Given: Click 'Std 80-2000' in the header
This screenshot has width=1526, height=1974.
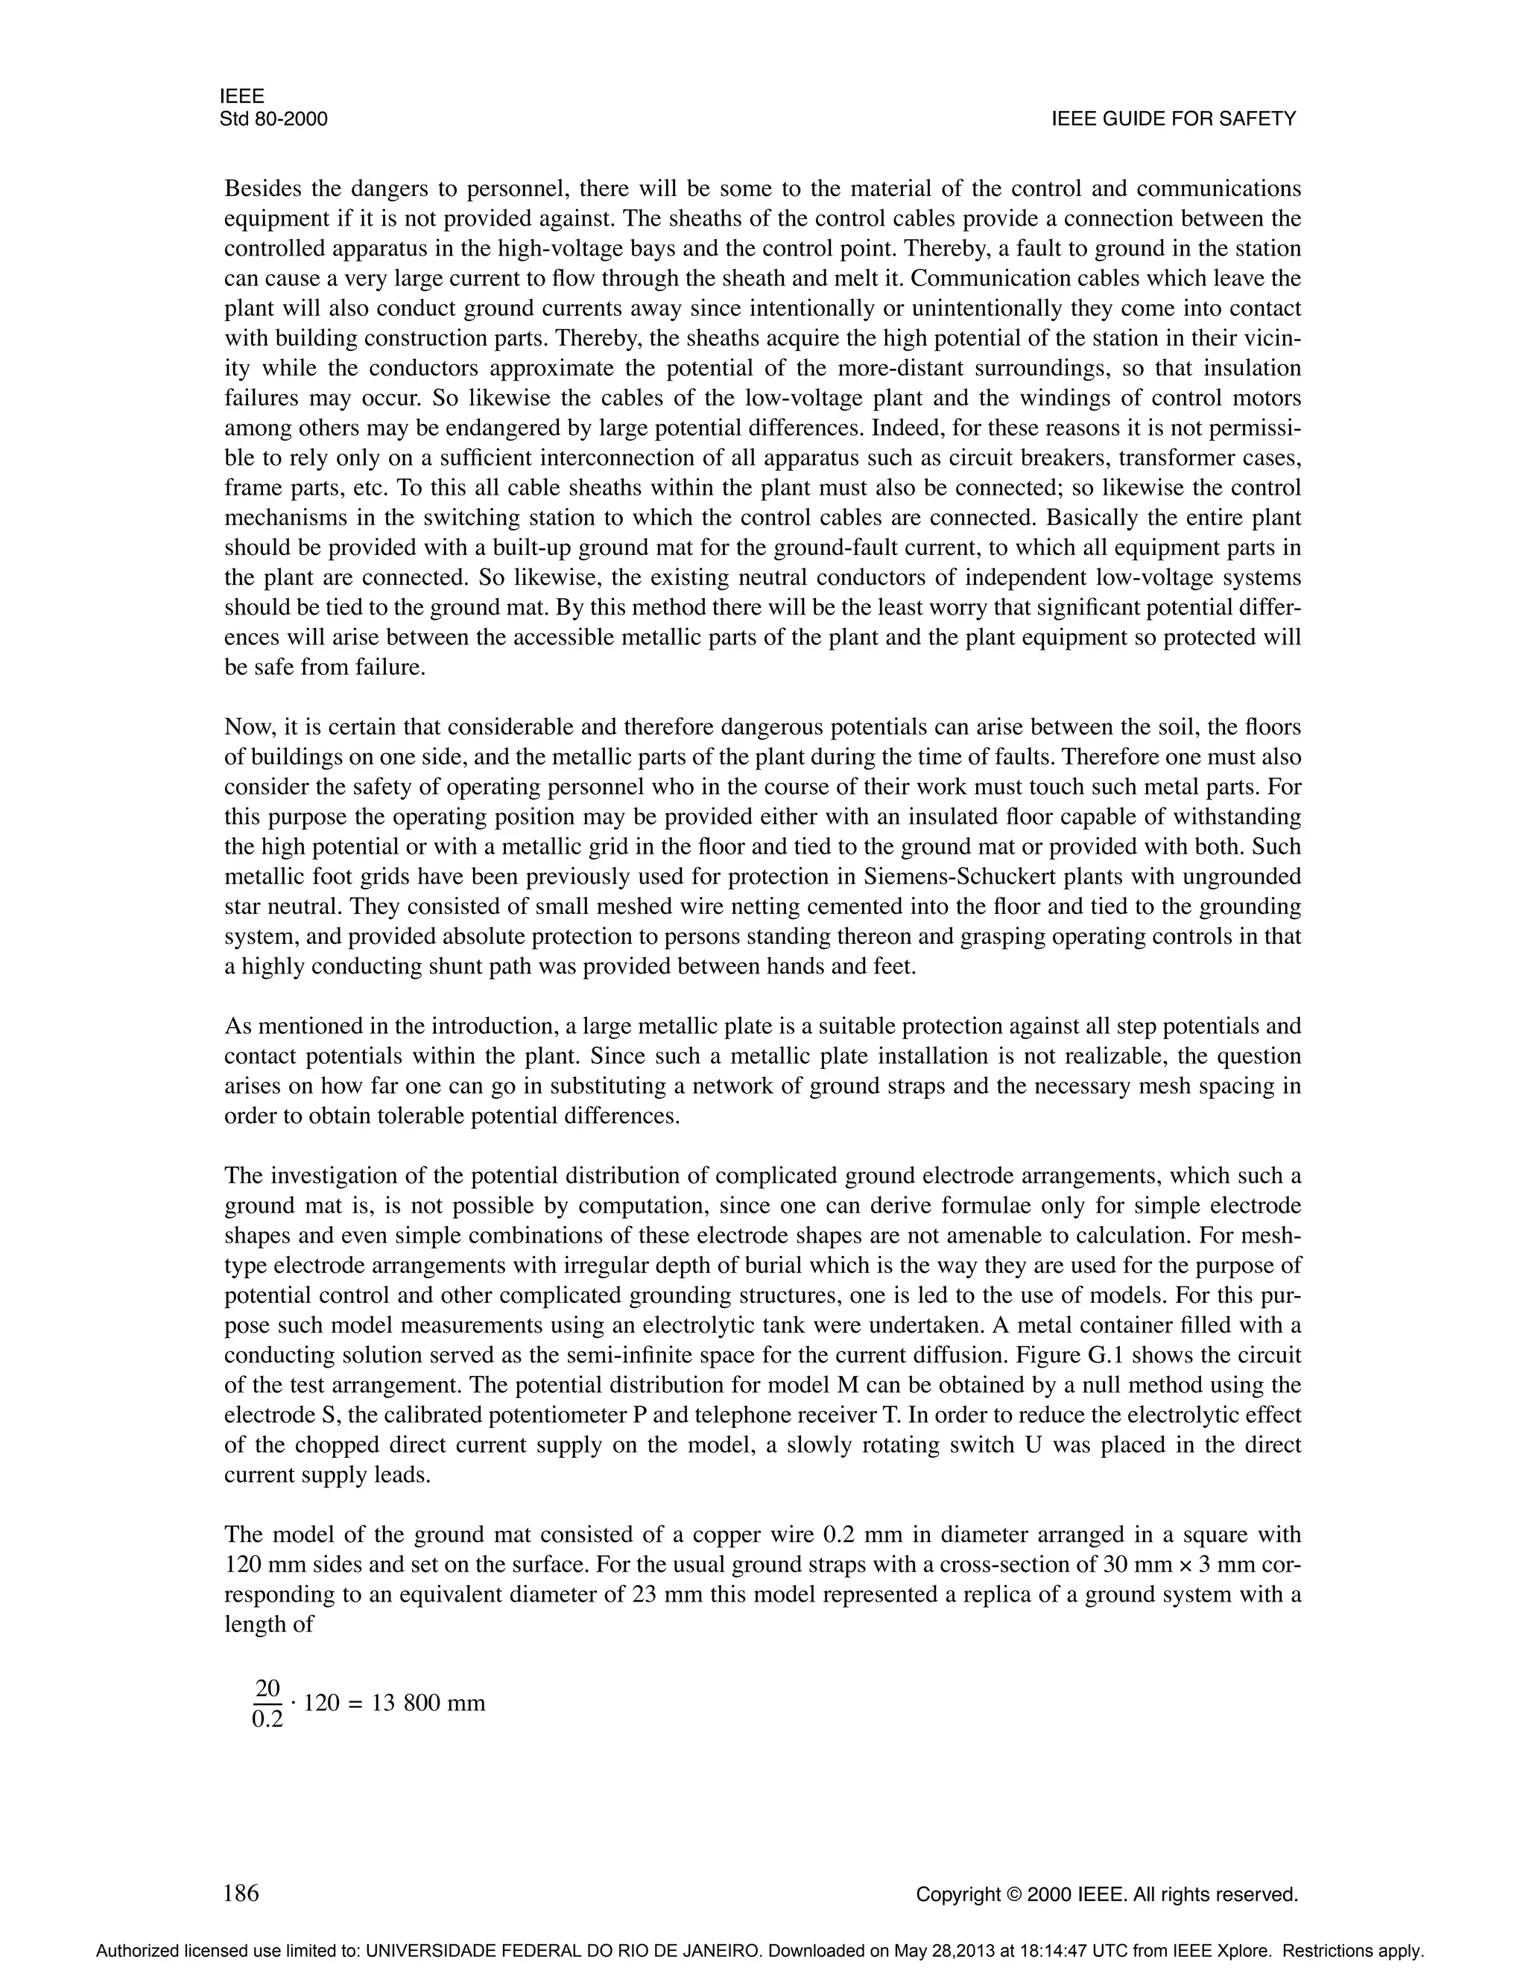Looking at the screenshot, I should tap(273, 119).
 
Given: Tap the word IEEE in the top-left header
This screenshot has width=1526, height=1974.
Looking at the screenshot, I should tap(241, 97).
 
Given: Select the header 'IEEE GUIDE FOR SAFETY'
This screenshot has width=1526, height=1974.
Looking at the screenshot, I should tap(1174, 119).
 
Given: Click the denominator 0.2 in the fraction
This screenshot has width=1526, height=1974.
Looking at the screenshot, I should tap(267, 1720).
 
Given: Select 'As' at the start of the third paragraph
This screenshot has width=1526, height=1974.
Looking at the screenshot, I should tap(237, 1026).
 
